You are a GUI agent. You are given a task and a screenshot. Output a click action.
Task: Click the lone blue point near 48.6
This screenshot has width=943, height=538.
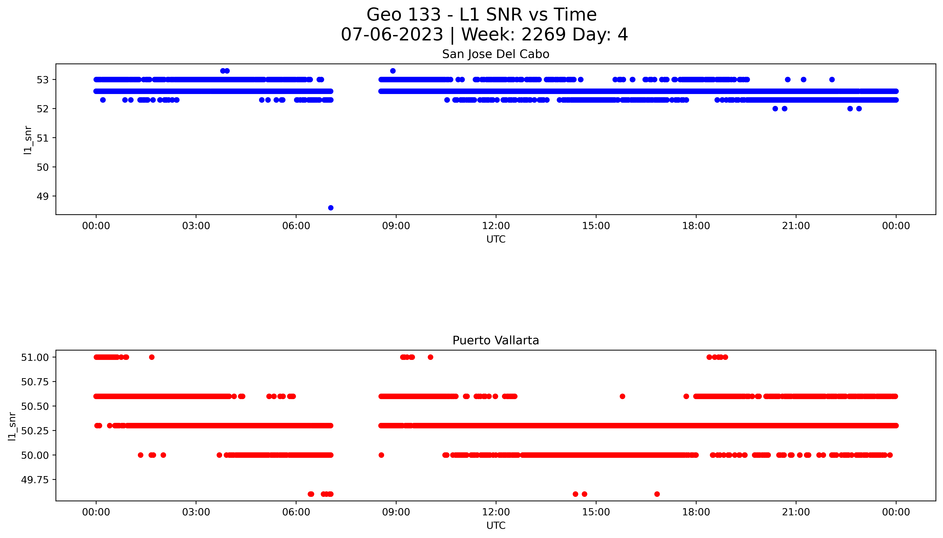(331, 208)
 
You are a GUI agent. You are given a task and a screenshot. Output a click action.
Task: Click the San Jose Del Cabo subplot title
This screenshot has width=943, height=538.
(496, 54)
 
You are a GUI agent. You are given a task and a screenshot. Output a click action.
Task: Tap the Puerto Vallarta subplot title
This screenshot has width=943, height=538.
(496, 340)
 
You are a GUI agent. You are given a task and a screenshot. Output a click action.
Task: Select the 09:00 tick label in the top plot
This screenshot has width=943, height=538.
(396, 226)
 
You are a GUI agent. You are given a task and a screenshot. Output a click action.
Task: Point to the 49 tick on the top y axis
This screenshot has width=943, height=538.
(43, 196)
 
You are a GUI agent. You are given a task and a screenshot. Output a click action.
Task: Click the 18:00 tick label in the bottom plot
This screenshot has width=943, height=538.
(696, 512)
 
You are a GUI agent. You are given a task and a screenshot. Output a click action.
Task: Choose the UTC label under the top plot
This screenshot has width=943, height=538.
(496, 239)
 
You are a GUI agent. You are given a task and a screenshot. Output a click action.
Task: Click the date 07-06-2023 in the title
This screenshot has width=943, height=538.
(392, 35)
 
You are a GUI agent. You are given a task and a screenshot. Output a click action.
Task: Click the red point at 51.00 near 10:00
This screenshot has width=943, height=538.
(430, 357)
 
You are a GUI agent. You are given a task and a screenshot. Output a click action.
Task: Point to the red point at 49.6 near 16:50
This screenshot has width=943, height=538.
(657, 494)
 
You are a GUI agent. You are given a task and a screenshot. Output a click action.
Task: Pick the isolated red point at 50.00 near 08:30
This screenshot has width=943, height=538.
(381, 455)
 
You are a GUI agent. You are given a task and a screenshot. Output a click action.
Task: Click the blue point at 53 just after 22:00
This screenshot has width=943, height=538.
(832, 79)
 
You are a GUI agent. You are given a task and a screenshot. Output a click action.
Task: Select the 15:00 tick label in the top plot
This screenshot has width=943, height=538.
(596, 226)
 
